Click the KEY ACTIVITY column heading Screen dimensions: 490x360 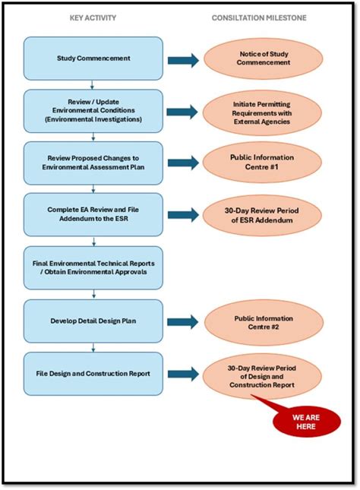(93, 17)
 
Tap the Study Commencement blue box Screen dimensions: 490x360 (93, 58)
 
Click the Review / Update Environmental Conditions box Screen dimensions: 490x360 (93, 111)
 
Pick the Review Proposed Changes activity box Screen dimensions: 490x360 (93, 163)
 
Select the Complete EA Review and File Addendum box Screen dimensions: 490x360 (93, 215)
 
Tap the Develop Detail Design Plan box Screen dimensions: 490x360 (93, 321)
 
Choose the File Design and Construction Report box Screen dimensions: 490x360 (93, 373)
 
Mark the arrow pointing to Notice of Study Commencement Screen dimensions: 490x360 (183, 59)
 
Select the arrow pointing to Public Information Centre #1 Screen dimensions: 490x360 (183, 163)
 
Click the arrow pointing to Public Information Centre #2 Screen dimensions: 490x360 (183, 321)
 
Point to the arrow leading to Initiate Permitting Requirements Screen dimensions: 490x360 (183, 111)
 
